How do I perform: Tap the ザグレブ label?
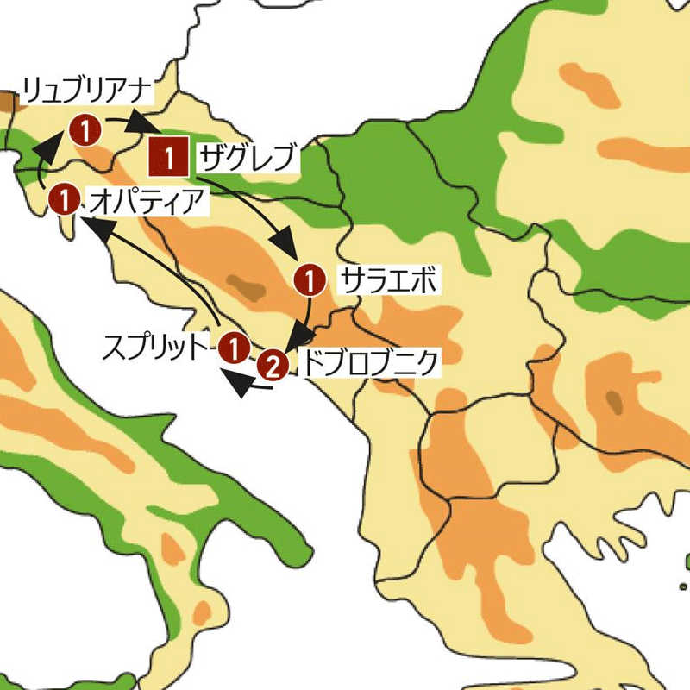point(248,158)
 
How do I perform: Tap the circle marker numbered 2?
point(272,367)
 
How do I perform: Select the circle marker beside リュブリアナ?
point(87,130)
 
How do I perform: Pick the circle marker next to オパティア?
point(64,199)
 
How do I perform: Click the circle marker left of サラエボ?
point(310,280)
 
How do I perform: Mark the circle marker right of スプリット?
point(233,348)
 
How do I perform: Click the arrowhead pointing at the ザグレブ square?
point(139,126)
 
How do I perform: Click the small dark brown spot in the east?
point(614,399)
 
